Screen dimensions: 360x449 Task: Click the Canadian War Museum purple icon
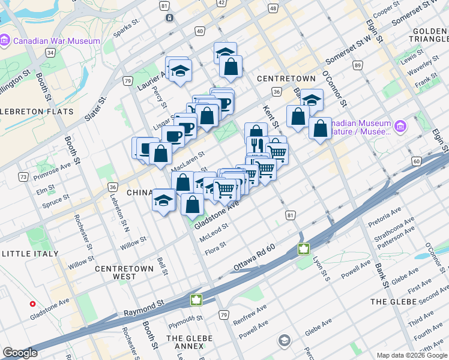click(5, 41)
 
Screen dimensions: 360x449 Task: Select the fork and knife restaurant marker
click(255, 145)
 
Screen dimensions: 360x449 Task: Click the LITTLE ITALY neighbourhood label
click(30, 254)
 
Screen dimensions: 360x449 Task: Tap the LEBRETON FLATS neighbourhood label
click(37, 112)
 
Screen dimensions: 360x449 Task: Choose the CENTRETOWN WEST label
click(124, 272)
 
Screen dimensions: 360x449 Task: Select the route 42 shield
click(221, 3)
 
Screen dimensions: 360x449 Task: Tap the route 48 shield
click(273, 8)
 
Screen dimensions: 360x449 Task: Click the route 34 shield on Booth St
click(51, 53)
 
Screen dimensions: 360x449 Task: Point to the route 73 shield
click(23, 177)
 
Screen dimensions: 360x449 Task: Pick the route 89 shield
click(358, 65)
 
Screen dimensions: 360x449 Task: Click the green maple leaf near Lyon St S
click(304, 248)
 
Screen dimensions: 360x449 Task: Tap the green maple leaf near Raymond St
click(195, 299)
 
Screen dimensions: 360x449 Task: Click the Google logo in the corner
click(20, 353)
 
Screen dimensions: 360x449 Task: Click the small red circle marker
click(32, 304)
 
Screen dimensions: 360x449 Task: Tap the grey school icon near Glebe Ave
click(284, 341)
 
